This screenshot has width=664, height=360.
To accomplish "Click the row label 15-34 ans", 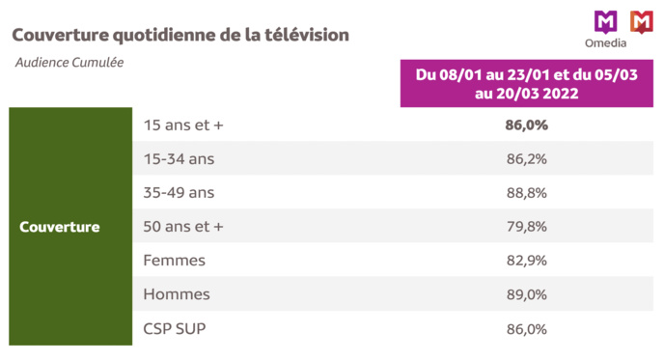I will (179, 158).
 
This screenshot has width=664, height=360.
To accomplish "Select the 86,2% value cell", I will (526, 158).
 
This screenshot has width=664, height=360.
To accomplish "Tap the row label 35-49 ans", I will (179, 192).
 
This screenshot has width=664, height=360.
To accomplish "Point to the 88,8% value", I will (526, 192).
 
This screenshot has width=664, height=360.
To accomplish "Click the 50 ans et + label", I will (183, 226).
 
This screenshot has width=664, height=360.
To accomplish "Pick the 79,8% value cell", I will (526, 226).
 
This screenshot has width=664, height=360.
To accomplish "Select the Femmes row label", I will (175, 261).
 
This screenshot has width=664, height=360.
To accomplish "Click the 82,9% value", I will (526, 261).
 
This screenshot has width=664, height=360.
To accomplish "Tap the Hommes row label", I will (176, 294).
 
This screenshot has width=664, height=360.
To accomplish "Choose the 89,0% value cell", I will (526, 294).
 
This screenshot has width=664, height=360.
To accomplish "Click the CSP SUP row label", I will (175, 328).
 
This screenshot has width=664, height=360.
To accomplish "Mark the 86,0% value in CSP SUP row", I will (526, 328).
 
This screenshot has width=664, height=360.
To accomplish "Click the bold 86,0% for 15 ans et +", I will (526, 125).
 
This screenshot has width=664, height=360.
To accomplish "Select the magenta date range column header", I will (526, 84).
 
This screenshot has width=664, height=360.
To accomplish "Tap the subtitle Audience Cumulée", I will (69, 63).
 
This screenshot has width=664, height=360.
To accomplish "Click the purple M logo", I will (604, 19).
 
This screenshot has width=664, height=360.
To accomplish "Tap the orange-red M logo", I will (639, 19).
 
